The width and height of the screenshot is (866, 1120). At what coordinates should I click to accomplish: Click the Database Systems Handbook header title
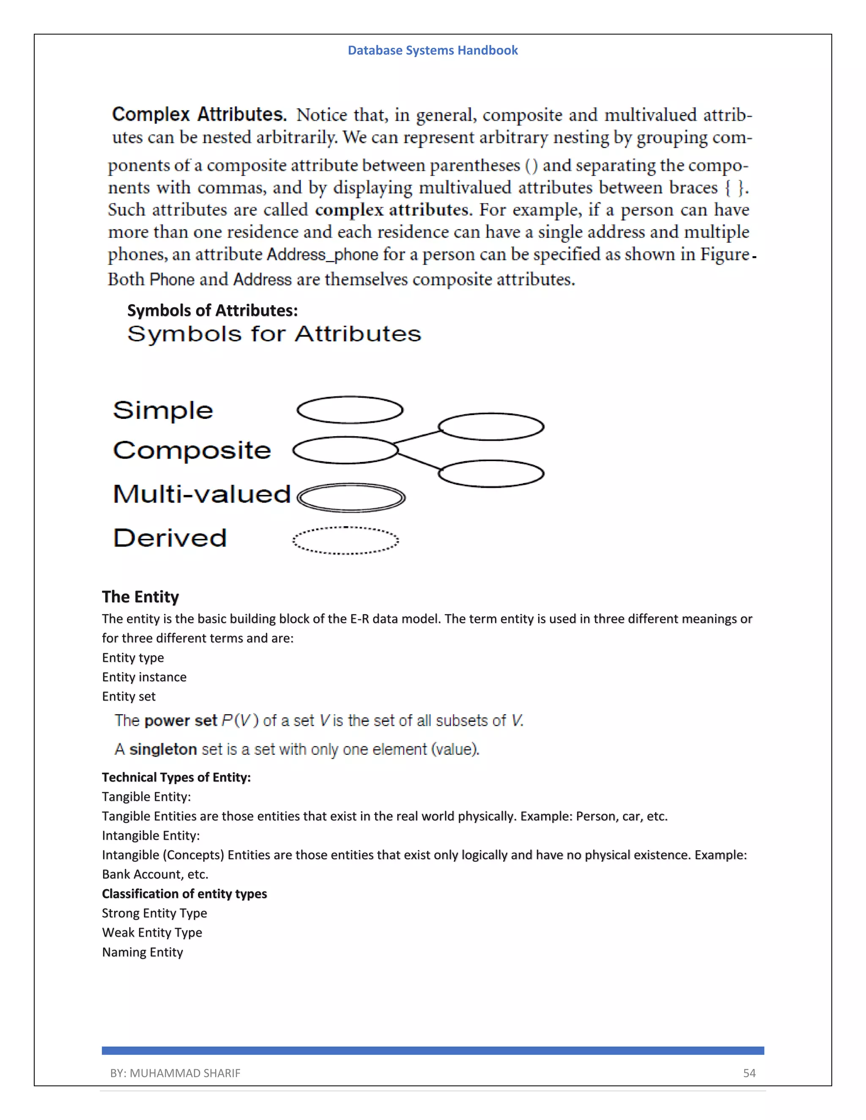coord(433,50)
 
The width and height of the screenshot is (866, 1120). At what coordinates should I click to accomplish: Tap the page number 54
coord(749,1073)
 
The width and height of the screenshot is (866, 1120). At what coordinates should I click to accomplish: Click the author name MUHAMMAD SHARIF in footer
coord(185,1073)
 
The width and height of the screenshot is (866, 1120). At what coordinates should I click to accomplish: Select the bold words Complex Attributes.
coord(199,115)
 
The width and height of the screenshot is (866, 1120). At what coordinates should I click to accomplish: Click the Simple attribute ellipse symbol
coord(350,410)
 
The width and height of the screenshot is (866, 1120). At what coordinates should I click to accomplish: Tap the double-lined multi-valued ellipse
coord(351,497)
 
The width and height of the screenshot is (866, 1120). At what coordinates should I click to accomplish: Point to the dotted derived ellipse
coord(345,541)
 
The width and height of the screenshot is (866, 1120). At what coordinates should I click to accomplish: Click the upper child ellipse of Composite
coord(491,427)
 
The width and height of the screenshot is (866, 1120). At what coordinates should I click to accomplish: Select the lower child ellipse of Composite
coord(491,473)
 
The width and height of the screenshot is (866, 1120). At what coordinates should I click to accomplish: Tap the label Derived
coord(170,538)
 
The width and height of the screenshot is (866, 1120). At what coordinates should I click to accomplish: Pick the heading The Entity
coord(140,596)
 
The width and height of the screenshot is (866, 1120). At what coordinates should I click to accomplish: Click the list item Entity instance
coord(144,677)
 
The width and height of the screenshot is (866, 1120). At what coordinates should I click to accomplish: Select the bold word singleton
coord(163,749)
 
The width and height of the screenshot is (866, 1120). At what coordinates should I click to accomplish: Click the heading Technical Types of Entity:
coord(176,777)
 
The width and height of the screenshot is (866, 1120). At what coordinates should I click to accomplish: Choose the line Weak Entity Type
coord(152,932)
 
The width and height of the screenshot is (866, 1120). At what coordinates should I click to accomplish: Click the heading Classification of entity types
coord(184,893)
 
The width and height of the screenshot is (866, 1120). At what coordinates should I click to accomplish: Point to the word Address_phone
coord(303,254)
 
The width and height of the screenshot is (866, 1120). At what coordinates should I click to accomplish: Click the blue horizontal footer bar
coord(433,1050)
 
